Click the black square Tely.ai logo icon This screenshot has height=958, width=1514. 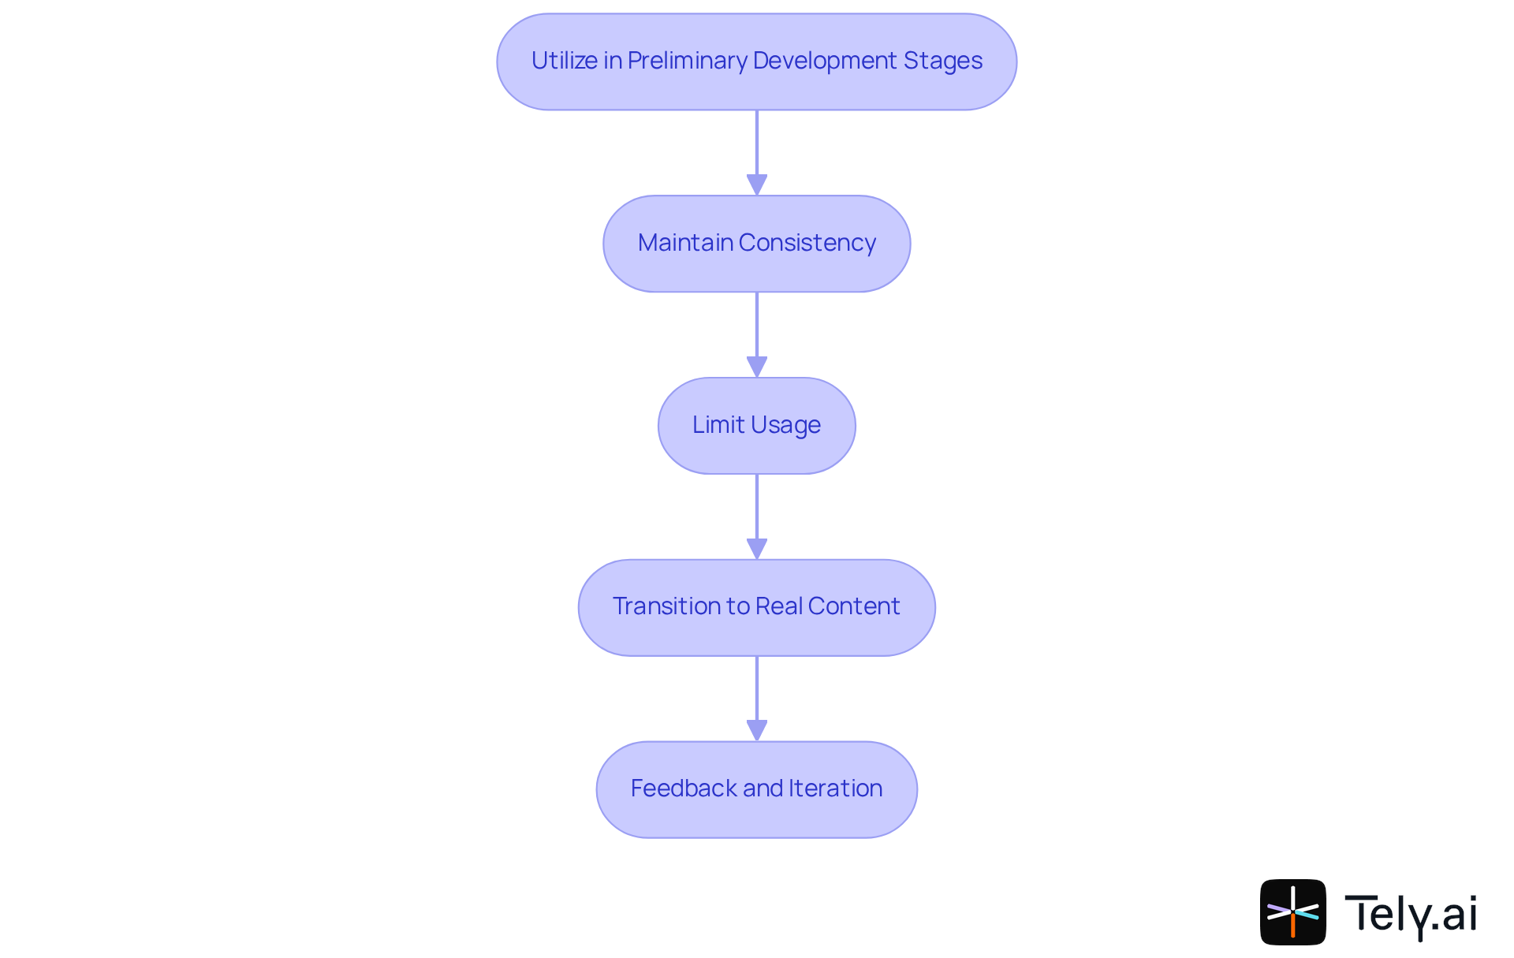1292,912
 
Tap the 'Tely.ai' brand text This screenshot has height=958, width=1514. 1410,914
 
